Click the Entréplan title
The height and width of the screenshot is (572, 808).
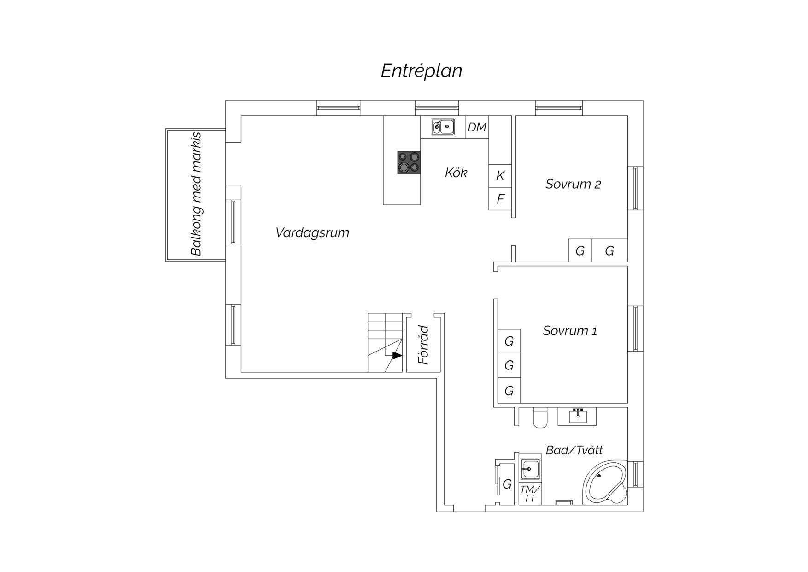(x=422, y=71)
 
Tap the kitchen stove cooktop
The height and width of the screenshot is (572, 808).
(x=409, y=162)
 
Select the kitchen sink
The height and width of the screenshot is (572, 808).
(x=443, y=126)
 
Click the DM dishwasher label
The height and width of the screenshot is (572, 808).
(x=477, y=127)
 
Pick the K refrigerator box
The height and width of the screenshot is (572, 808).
(x=500, y=176)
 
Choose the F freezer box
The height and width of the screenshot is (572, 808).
(x=500, y=199)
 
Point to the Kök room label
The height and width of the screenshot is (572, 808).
(x=456, y=173)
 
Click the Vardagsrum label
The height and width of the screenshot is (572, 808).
(x=312, y=232)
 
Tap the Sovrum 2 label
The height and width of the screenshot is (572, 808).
(x=573, y=184)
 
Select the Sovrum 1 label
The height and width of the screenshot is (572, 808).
(x=570, y=331)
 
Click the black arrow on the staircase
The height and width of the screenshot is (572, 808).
(x=397, y=355)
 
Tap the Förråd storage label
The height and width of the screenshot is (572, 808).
(x=423, y=345)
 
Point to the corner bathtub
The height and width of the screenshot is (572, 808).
(x=605, y=483)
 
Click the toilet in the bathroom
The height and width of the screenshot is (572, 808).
(x=540, y=417)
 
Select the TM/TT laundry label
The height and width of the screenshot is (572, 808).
(x=530, y=494)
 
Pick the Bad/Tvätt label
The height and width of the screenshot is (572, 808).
(x=574, y=450)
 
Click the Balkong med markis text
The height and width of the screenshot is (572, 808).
(x=196, y=194)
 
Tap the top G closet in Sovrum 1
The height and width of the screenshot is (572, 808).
(x=509, y=341)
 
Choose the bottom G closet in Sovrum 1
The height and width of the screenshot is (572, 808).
(x=509, y=391)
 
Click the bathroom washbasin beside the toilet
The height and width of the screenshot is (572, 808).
(x=577, y=416)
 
